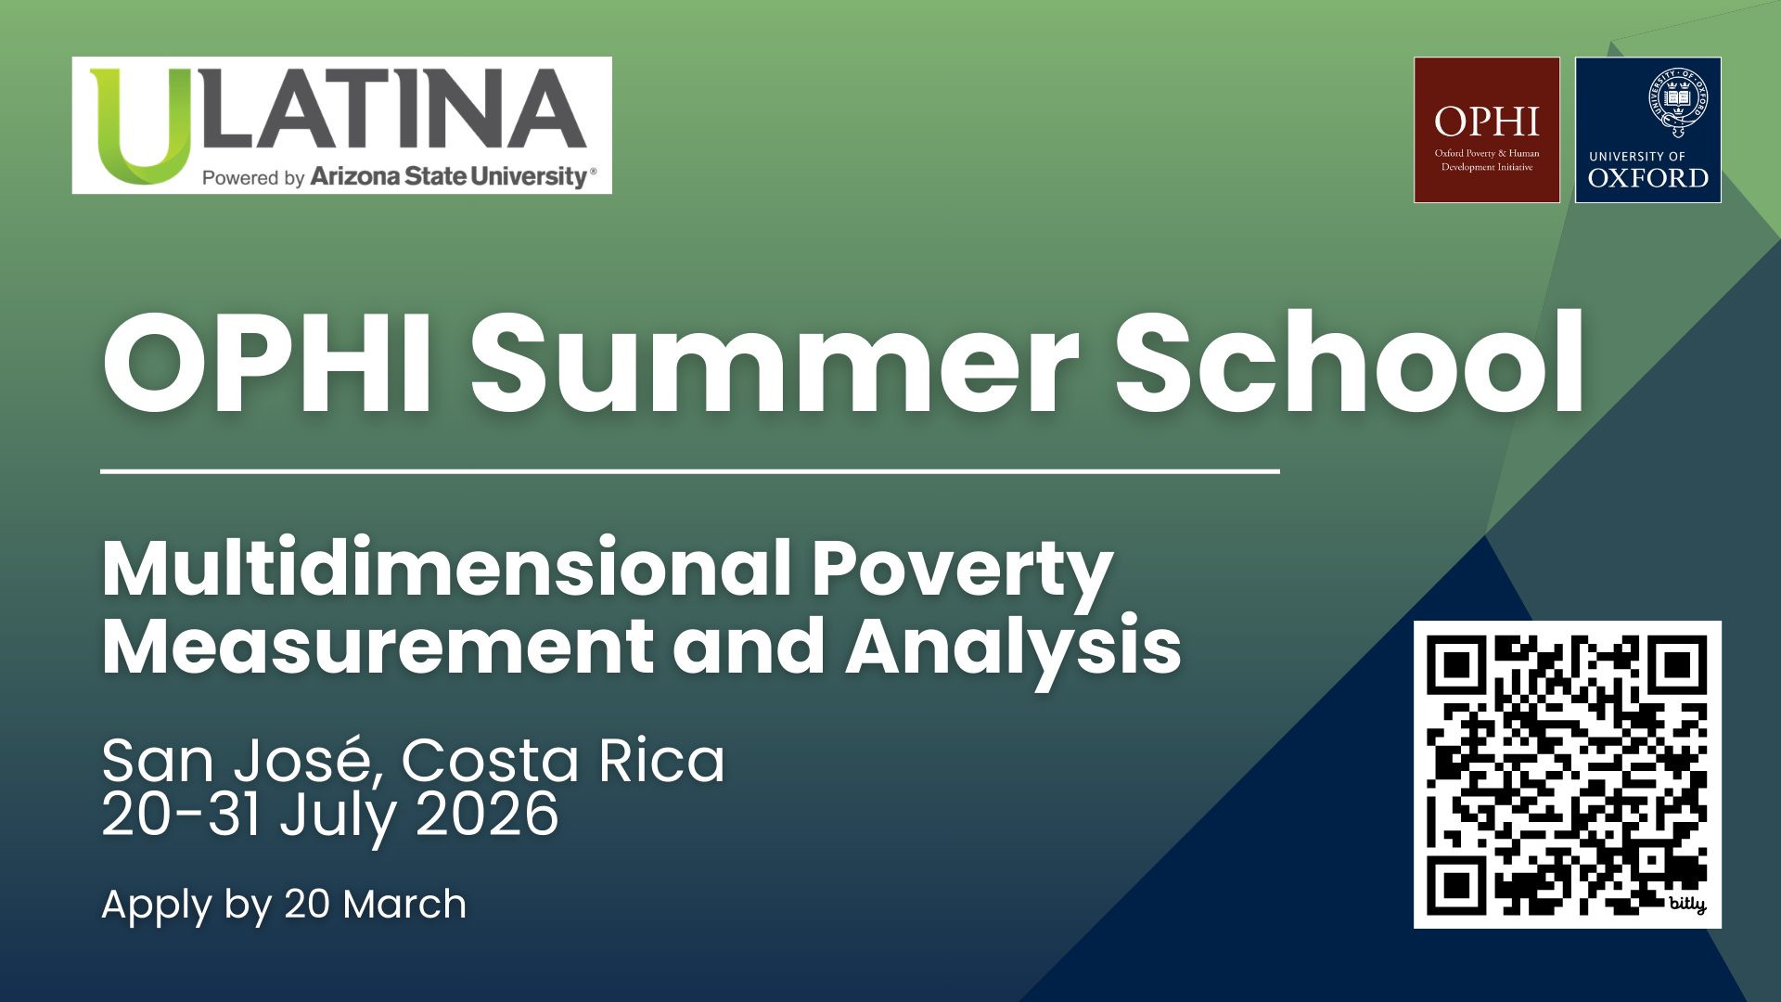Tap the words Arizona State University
pos(450,176)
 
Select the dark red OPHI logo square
pos(1486,130)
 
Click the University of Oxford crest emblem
pos(1678,100)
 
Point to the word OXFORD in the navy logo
pos(1648,177)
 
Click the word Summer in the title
pos(775,364)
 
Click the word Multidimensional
pos(447,567)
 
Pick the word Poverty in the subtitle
pos(963,572)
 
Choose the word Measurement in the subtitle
pos(378,647)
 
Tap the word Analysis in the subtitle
pos(1014,649)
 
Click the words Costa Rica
pos(563,761)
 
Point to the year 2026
pos(487,815)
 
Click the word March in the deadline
pos(404,905)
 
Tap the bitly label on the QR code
pos(1687,904)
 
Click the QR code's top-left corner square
pos(1458,666)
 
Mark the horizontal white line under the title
pos(690,471)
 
